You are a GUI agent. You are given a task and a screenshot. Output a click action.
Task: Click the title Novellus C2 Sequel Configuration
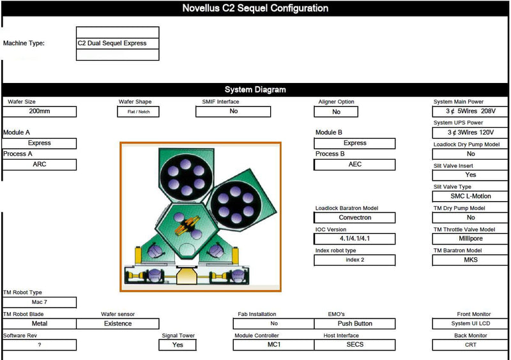click(x=255, y=8)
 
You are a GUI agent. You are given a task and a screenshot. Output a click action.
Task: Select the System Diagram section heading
click(x=255, y=90)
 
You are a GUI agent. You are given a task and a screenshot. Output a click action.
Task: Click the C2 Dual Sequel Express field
click(x=118, y=43)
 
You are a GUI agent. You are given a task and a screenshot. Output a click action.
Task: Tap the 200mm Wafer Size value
click(x=40, y=112)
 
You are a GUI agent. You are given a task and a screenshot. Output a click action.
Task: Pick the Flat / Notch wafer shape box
click(x=138, y=112)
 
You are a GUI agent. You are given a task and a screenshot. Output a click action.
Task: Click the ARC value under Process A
click(x=40, y=165)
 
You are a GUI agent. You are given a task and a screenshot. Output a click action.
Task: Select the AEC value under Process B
click(x=355, y=165)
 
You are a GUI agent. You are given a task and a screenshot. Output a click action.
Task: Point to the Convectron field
click(x=355, y=218)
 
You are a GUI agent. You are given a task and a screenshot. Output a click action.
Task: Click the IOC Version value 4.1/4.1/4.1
click(x=355, y=239)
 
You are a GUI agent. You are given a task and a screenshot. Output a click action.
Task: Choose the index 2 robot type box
click(x=355, y=260)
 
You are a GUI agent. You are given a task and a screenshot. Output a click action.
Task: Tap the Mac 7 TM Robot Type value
click(x=40, y=303)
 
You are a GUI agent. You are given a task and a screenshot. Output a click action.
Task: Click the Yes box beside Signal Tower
click(x=178, y=345)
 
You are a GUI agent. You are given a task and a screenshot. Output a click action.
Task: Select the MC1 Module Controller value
click(x=273, y=345)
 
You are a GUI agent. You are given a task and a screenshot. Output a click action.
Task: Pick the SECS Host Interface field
click(x=355, y=345)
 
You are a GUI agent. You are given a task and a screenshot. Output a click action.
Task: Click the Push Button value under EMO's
click(x=355, y=324)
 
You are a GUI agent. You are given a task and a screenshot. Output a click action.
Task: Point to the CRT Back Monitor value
click(x=471, y=345)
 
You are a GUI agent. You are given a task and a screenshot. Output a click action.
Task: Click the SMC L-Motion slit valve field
click(x=471, y=197)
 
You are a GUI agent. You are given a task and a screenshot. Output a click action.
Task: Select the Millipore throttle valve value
click(x=471, y=239)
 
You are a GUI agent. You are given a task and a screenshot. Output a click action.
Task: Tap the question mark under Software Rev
click(x=40, y=345)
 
